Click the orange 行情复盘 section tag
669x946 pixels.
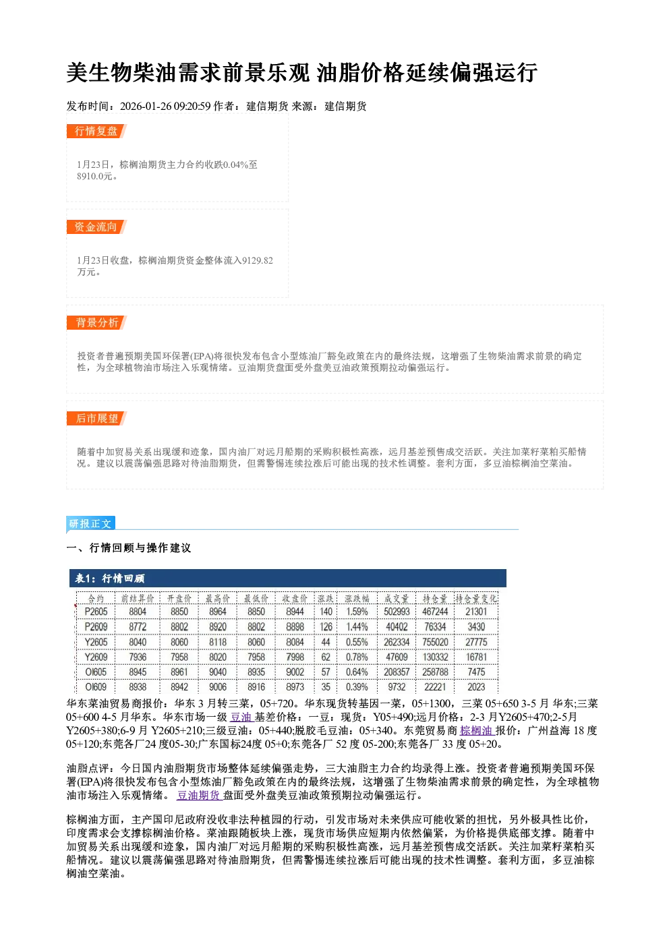click(x=96, y=131)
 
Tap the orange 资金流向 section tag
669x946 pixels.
click(x=96, y=227)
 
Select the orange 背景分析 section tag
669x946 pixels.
click(x=96, y=323)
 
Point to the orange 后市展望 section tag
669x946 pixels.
click(x=96, y=419)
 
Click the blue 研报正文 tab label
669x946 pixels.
click(x=90, y=524)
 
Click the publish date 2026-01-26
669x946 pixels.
click(x=146, y=106)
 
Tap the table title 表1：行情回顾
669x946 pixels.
click(x=110, y=578)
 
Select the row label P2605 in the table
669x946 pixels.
click(x=96, y=612)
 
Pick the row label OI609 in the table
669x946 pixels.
click(x=96, y=687)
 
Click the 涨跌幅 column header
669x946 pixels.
click(x=357, y=599)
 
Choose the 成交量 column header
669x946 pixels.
click(x=397, y=599)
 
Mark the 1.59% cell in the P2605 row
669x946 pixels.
click(x=357, y=612)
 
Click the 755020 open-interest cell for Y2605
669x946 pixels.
click(x=436, y=642)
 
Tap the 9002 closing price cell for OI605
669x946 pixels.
click(x=295, y=672)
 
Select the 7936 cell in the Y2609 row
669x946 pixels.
click(x=138, y=657)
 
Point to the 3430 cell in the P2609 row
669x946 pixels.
click(x=476, y=626)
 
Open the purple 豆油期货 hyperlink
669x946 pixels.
click(x=200, y=795)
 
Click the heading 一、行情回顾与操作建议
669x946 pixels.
click(x=129, y=548)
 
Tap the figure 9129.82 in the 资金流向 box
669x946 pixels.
click(x=257, y=260)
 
